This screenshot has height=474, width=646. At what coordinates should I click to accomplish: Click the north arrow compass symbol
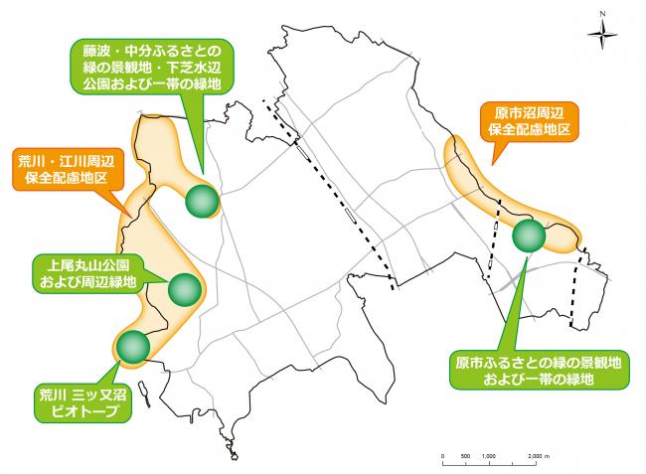tap(603, 37)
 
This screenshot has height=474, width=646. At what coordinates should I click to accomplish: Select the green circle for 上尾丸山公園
tap(186, 289)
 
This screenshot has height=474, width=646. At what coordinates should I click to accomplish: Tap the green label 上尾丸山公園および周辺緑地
tap(85, 274)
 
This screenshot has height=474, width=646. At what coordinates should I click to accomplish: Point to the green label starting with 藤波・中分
tap(159, 66)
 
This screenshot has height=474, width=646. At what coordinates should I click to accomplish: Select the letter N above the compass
tap(603, 14)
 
